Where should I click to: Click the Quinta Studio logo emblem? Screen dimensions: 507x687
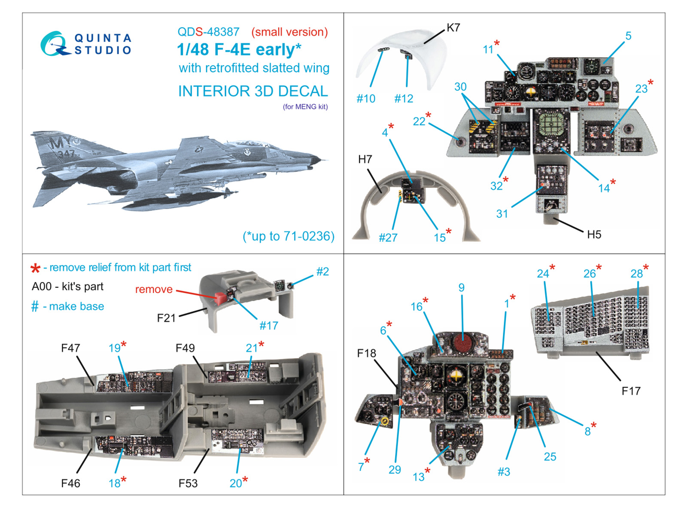[55, 44]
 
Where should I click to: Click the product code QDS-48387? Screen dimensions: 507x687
[208, 32]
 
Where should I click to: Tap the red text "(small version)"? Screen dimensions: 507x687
[289, 32]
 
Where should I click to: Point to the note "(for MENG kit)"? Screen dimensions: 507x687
[305, 107]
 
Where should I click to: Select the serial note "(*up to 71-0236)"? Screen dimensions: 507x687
[288, 236]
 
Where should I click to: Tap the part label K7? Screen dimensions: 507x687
[453, 28]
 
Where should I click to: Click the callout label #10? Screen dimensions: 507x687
[366, 99]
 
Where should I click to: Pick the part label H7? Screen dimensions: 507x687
[365, 159]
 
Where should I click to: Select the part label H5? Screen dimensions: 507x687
[594, 235]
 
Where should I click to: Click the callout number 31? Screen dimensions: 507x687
[502, 214]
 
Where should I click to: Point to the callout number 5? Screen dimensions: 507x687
[628, 36]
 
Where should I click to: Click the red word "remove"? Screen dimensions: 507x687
[154, 289]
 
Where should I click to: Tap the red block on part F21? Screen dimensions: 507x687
[219, 298]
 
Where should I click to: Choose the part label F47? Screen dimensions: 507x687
[70, 348]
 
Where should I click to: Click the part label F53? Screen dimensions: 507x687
[188, 483]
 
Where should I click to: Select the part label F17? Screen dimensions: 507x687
[631, 391]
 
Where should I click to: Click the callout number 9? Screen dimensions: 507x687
[461, 287]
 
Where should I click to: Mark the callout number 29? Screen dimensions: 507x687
[395, 470]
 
